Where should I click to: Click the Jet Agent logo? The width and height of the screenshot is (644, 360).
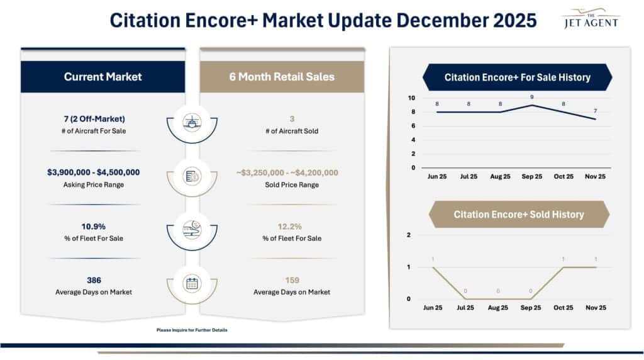(589, 19)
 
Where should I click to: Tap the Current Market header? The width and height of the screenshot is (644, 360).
(103, 77)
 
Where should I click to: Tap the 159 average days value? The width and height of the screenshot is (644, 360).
(292, 280)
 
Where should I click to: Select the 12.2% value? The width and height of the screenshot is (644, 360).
(292, 225)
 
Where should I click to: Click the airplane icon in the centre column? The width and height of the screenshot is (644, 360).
(192, 122)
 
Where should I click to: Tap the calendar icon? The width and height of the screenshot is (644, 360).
(192, 283)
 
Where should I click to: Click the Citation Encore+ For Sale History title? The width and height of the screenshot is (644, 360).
(517, 77)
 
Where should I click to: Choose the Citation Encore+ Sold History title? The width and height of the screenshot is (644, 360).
(518, 215)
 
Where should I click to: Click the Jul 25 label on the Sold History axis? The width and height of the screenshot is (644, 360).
(465, 308)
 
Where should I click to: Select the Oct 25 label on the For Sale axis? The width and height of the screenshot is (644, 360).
(563, 177)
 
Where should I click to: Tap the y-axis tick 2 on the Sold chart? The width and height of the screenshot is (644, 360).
(409, 235)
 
